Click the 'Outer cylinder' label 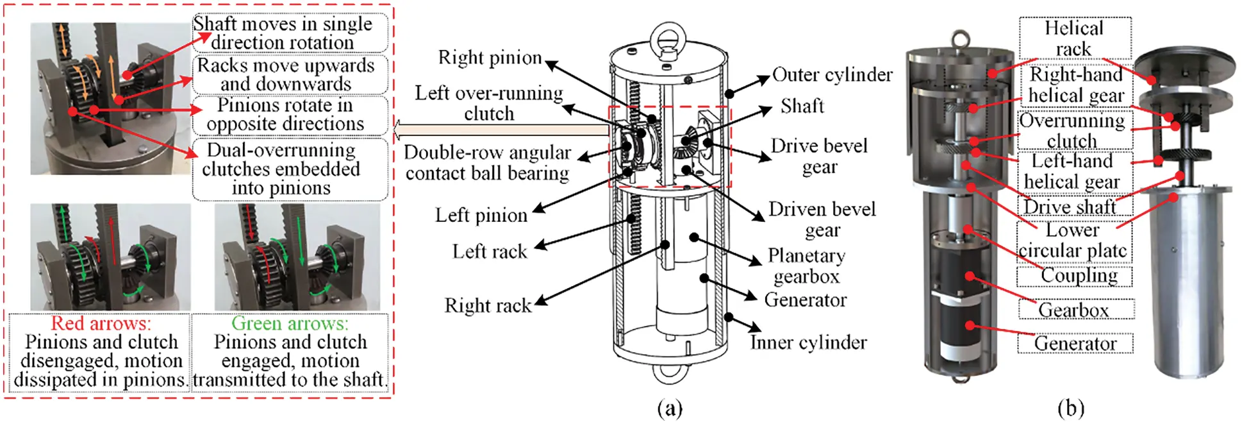(x=832, y=75)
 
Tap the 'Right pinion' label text (x=490, y=58)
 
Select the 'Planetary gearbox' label (x=806, y=266)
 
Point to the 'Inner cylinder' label (x=808, y=343)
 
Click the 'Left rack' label (x=490, y=251)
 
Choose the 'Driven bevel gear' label (x=822, y=219)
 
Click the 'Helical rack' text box (x=1074, y=38)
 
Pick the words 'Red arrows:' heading (x=101, y=323)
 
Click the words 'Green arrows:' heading (x=290, y=323)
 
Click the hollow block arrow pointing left (x=500, y=131)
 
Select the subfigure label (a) (x=670, y=408)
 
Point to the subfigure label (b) (x=1071, y=408)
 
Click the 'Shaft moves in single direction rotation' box (x=283, y=33)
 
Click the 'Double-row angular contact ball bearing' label (x=487, y=162)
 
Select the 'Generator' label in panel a (x=805, y=300)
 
